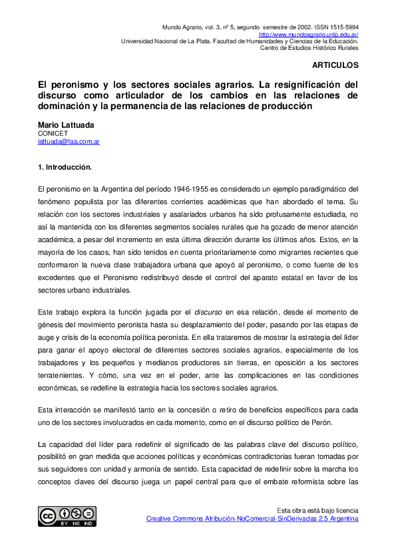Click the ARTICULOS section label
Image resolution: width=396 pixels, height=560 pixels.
335,65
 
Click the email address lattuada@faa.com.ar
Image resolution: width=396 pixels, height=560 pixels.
69,141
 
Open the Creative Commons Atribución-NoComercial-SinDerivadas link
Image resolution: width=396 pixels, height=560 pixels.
252,518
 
